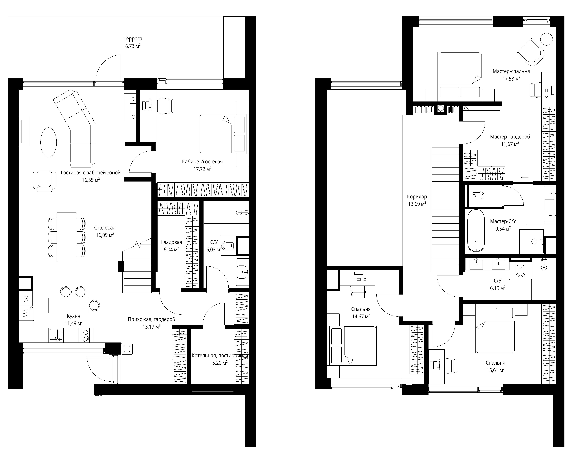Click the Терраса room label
coord(133,39)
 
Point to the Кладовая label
coord(171,242)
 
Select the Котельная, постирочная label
coord(220,356)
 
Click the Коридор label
coord(417,197)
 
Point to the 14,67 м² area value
coord(361,316)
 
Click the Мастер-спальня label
coord(511,71)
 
